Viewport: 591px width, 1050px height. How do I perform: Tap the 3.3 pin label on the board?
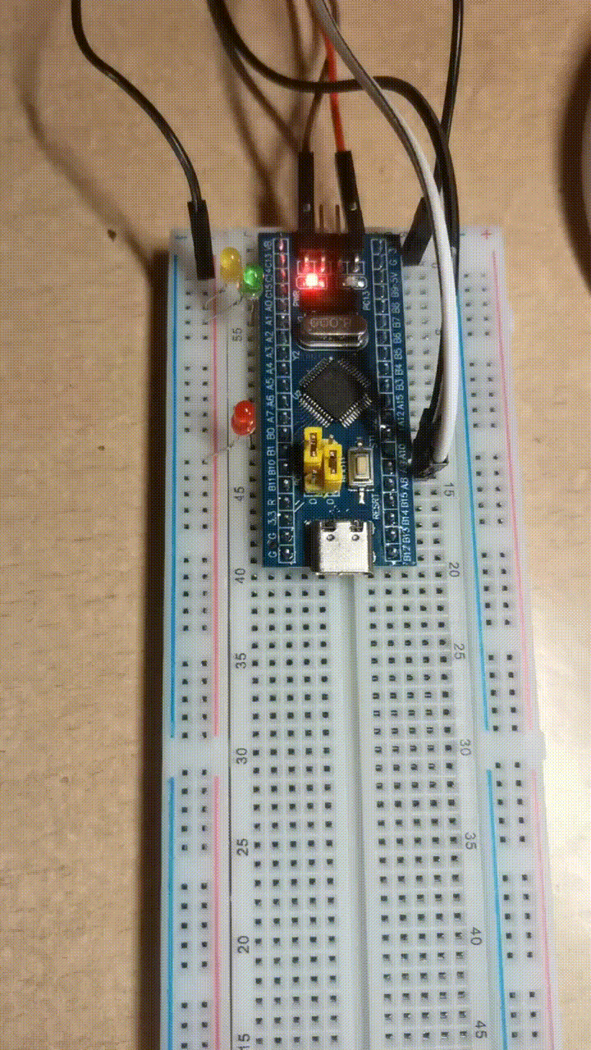click(273, 518)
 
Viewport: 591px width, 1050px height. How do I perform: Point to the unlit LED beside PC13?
click(355, 281)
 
